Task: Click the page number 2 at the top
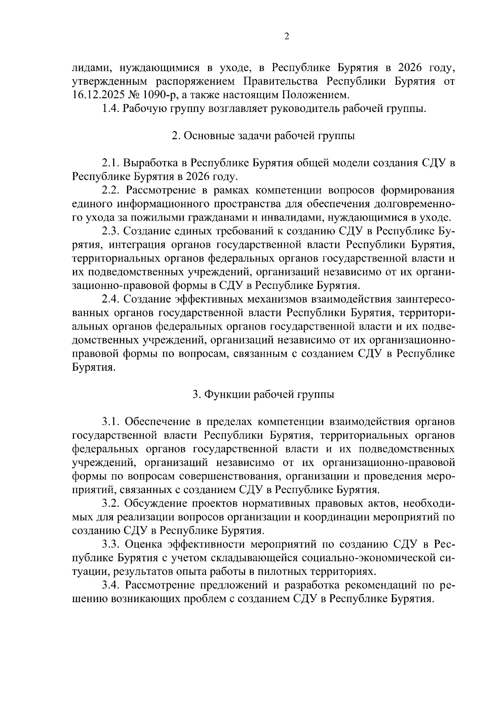287,36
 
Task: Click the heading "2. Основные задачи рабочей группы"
263,136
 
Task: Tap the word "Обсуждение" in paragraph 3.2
158,503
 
